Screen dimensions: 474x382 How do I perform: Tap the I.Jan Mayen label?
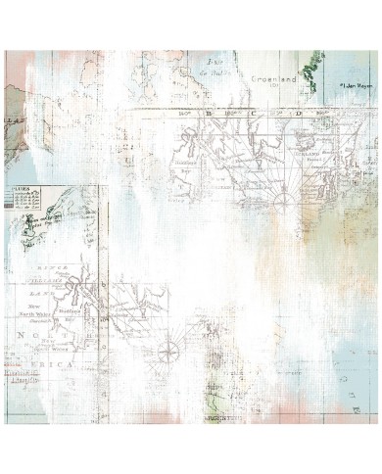coord(356,86)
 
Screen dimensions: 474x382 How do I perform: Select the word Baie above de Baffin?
coord(204,61)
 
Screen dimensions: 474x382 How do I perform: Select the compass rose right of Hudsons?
coord(168,346)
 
